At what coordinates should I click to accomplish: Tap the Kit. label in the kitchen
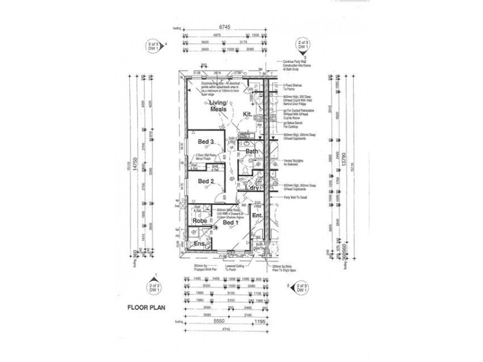coord(248,113)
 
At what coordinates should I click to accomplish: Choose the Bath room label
coord(252,151)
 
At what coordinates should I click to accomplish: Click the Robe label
coord(200,221)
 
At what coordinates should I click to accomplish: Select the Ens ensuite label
coord(199,244)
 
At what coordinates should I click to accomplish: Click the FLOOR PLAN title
coord(145,306)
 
